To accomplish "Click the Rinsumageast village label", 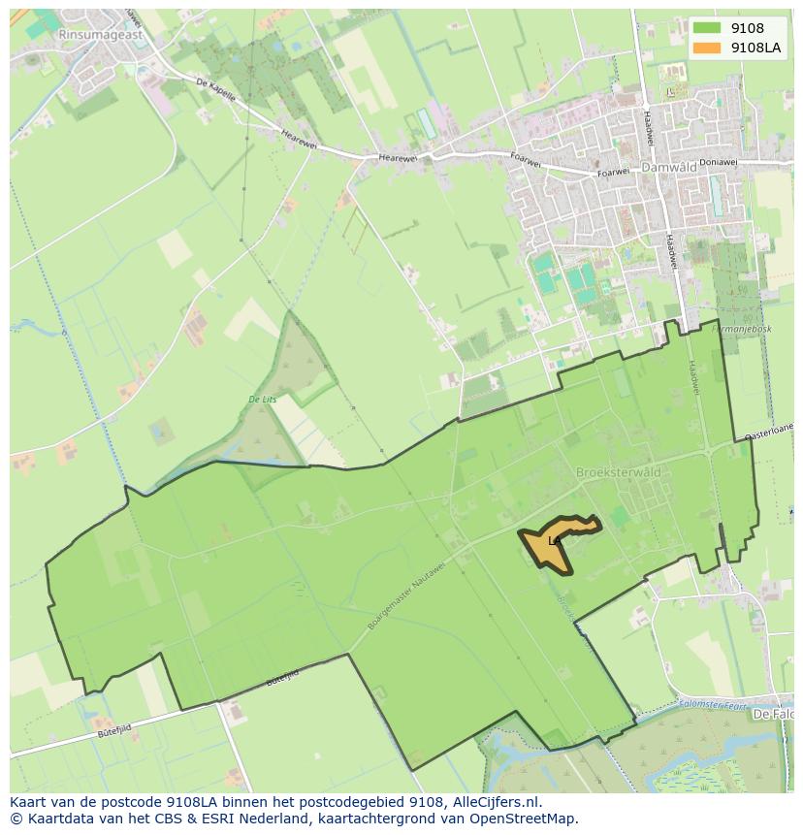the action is (x=100, y=34).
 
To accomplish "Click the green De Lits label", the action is (x=262, y=399).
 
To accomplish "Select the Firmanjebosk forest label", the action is (x=741, y=329).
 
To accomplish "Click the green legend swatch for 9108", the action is (x=707, y=29).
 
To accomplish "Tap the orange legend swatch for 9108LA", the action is (x=707, y=48).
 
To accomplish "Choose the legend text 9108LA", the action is (x=757, y=48).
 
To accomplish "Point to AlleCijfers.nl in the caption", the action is (x=497, y=802).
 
